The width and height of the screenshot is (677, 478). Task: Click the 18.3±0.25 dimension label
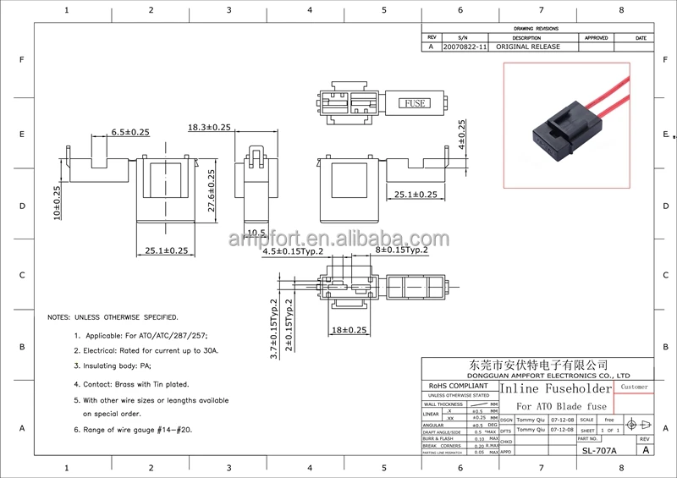[x=209, y=127]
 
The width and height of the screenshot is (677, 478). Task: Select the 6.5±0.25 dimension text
[x=129, y=131]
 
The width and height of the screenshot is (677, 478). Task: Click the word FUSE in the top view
[x=415, y=103]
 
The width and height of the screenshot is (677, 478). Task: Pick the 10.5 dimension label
[x=256, y=233]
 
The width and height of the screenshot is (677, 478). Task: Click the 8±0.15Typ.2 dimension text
[x=400, y=250]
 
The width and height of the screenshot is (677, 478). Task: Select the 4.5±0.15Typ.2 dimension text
[x=294, y=251]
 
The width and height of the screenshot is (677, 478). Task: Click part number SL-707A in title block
[x=599, y=451]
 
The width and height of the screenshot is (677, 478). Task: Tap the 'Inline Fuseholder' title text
[x=555, y=389]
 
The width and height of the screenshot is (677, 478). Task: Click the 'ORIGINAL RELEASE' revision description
[x=527, y=47]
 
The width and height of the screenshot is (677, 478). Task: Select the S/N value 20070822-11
[x=465, y=47]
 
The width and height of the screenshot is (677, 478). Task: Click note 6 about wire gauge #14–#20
[x=133, y=430]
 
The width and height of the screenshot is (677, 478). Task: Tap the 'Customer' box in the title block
[x=634, y=387]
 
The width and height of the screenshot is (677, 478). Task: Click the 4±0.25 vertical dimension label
[x=462, y=135]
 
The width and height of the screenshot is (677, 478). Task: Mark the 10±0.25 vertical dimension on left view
[x=57, y=202]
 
